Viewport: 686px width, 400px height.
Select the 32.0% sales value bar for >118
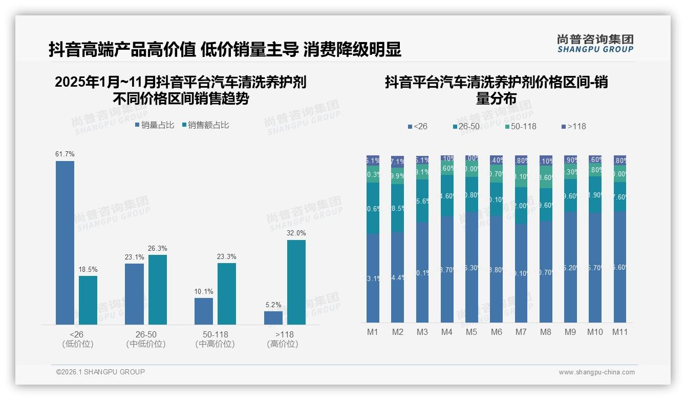click(x=296, y=282)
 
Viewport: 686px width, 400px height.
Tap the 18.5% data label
click(x=88, y=269)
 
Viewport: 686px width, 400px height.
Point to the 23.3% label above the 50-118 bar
click(x=227, y=256)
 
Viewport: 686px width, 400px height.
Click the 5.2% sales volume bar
click(x=273, y=318)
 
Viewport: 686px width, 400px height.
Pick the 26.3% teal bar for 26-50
click(x=158, y=290)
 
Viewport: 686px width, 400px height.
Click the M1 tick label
click(x=373, y=332)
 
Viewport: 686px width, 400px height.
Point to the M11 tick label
click(x=620, y=332)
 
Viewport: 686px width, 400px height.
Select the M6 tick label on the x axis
click(x=496, y=332)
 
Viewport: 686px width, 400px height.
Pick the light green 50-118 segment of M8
click(x=546, y=177)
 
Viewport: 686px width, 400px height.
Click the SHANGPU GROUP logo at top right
click(x=595, y=43)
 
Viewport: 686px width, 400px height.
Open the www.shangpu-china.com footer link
click(x=596, y=372)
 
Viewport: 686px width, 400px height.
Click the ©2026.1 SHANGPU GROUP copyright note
click(x=100, y=372)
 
